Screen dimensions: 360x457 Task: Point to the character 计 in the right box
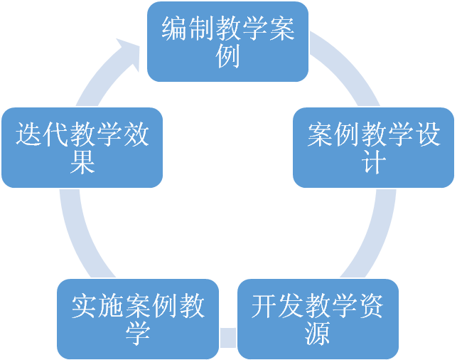pos(375,163)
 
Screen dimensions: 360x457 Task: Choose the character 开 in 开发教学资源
pos(264,307)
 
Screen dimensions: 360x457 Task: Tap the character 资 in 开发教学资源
pos(371,307)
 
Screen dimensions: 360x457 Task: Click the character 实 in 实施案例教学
pos(84,307)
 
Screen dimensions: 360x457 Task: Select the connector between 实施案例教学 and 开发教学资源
pos(228,335)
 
